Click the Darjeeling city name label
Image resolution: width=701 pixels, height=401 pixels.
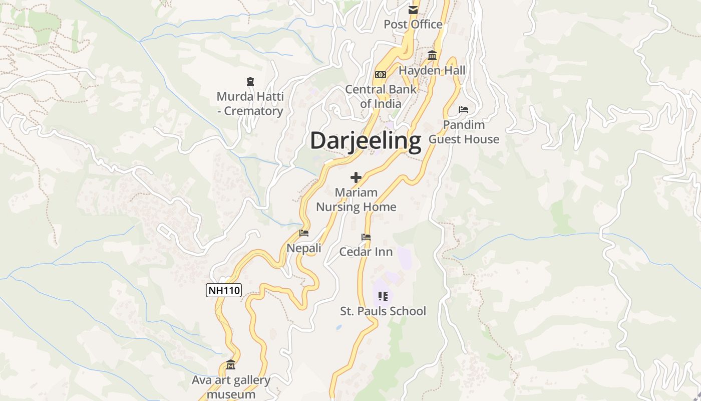366,141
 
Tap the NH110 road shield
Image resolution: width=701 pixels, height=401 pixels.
224,290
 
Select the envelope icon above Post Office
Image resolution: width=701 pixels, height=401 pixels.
413,10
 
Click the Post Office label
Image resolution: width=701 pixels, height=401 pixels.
413,24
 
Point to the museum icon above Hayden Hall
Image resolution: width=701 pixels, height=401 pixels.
432,56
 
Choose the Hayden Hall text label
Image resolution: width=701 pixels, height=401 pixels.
432,71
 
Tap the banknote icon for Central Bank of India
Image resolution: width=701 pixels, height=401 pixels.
381,75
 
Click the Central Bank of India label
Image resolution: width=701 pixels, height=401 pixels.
381,97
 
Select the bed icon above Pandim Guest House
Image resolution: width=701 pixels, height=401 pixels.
464,110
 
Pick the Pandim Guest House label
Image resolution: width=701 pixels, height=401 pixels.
464,132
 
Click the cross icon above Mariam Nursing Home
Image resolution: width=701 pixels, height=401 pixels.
356,177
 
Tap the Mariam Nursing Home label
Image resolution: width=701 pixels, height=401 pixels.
356,199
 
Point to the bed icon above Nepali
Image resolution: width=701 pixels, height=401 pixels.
304,233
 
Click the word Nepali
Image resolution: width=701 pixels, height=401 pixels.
304,248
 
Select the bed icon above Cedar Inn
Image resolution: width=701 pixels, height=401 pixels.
366,237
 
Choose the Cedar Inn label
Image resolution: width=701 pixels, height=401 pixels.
366,252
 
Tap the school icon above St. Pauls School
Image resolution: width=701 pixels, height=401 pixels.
383,296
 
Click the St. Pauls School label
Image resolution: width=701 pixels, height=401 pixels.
383,311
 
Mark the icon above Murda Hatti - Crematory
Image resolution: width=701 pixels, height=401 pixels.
250,81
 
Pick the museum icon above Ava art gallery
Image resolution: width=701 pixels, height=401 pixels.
231,364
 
